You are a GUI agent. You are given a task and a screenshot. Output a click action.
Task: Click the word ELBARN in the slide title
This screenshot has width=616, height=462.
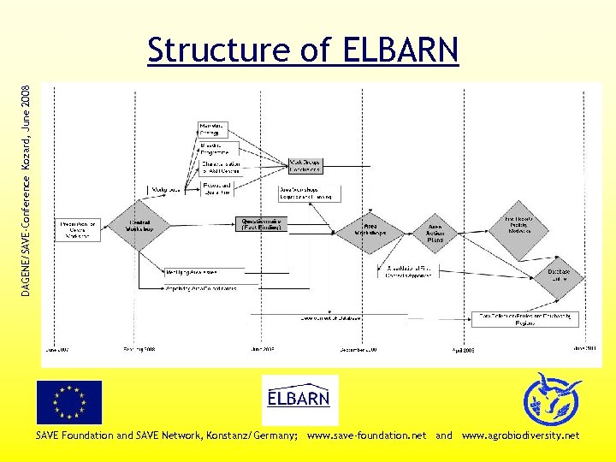point(401,50)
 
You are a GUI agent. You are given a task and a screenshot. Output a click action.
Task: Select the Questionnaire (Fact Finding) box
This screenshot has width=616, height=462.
point(262,223)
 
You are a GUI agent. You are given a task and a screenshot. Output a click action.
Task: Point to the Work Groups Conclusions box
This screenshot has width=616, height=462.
point(305,164)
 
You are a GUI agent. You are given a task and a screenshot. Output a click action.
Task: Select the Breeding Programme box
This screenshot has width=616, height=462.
point(213,148)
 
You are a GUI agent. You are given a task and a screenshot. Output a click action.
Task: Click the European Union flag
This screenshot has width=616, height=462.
point(68,402)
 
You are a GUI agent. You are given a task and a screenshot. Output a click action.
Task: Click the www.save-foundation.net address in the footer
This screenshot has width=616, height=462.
point(366,435)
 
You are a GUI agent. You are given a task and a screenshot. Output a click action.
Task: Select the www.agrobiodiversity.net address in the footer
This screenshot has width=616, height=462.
point(520,435)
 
